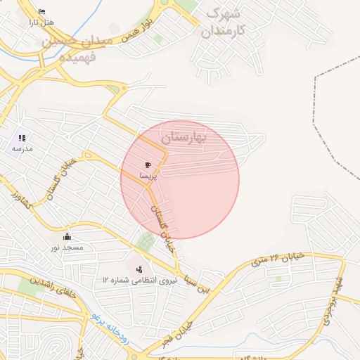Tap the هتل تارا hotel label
tap(41, 23)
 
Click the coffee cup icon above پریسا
tap(148, 165)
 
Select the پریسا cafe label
tap(148, 176)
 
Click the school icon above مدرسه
tap(22, 138)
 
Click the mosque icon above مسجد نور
tap(67, 236)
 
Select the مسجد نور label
tap(66, 247)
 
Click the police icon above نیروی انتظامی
tap(139, 269)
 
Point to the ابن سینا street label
tap(188, 284)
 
